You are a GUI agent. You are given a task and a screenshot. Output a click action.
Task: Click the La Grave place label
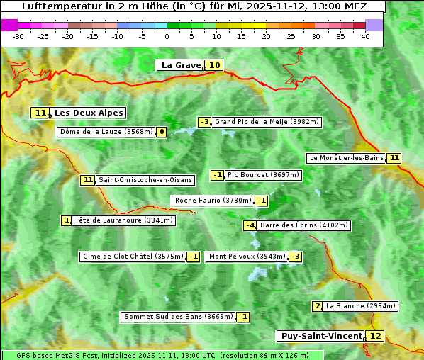181,65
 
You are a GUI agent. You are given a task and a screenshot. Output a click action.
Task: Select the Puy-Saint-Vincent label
321,336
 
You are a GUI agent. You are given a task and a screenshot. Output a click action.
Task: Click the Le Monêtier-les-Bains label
346,158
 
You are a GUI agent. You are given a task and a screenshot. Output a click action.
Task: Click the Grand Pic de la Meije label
267,122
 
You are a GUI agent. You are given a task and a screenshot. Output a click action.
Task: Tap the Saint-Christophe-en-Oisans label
145,180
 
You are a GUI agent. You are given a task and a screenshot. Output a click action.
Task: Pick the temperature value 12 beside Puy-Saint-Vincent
376,336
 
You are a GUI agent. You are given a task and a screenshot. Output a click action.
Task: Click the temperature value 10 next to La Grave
215,65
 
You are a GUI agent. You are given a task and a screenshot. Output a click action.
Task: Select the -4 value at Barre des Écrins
250,225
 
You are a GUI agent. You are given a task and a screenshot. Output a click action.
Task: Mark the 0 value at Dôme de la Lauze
162,132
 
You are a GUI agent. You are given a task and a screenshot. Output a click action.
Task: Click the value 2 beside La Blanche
317,306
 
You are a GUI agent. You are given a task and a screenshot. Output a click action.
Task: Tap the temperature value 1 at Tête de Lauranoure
66,220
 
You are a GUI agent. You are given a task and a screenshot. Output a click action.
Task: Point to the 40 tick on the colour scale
365,36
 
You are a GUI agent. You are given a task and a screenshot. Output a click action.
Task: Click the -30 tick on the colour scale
18,36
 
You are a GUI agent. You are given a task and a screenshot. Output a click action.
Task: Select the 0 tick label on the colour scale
167,36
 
